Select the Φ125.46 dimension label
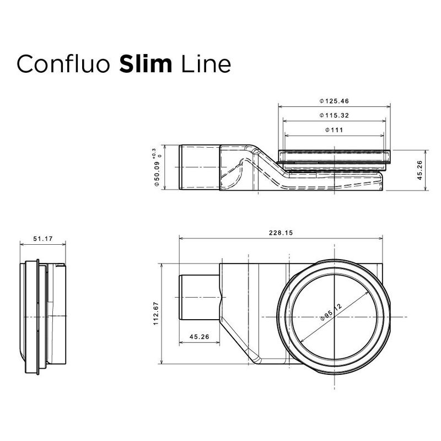[x=335, y=101]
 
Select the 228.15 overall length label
[x=281, y=233]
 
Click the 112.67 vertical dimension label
[x=157, y=314]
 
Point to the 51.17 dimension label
[x=42, y=239]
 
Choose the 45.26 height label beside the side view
[x=420, y=170]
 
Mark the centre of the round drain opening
[x=334, y=316]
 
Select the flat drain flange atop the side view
[x=336, y=156]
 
